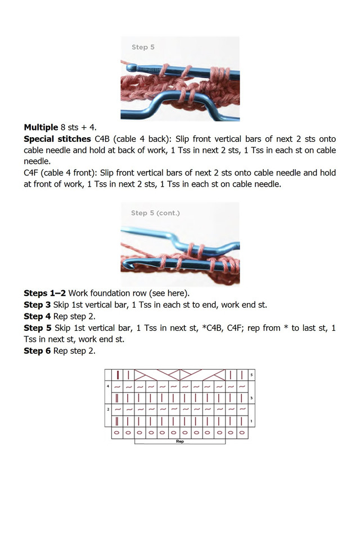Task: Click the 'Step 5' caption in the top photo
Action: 143,47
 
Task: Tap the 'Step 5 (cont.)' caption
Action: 155,213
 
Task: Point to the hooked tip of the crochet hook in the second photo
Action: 128,264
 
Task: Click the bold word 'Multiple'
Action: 40,128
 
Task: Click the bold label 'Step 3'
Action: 37,305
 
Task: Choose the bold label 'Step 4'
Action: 37,316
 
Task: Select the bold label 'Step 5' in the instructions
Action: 37,327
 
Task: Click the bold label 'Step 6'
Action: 37,350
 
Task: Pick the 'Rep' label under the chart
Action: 180,442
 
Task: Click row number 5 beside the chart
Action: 251,375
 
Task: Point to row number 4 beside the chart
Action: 108,386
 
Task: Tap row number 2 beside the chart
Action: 108,409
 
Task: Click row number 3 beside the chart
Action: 251,398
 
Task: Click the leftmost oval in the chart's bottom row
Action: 117,433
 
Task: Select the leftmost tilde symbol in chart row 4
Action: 117,387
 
